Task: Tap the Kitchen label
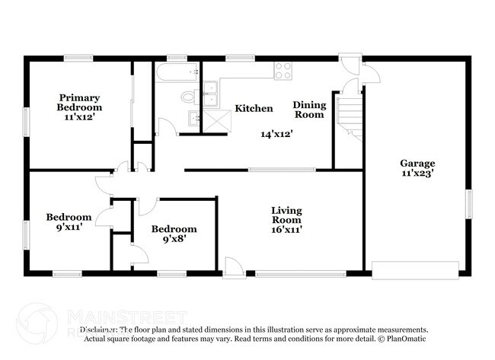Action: pos(253,109)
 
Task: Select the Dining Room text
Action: pos(309,110)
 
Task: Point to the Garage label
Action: pos(418,163)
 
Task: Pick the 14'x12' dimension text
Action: pos(276,133)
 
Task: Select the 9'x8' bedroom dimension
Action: pos(174,240)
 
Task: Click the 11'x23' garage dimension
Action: pos(418,174)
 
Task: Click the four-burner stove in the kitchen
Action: pos(283,70)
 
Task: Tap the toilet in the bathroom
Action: pos(188,97)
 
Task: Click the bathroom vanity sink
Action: pos(194,117)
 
